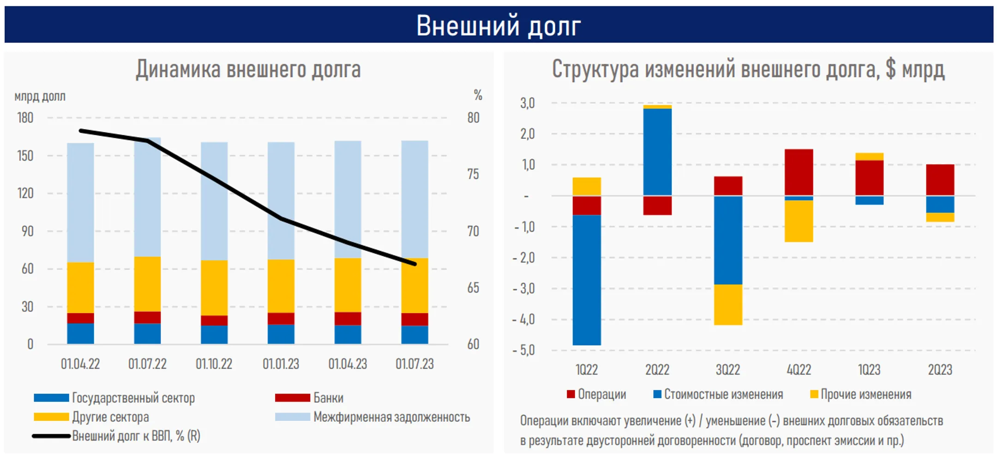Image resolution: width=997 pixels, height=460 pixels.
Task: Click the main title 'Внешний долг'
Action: click(498, 25)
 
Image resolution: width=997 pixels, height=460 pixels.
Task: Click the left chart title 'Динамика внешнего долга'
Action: click(248, 69)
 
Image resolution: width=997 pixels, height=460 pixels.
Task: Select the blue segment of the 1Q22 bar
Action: click(587, 280)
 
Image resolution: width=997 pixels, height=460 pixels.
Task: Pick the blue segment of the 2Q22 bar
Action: click(657, 152)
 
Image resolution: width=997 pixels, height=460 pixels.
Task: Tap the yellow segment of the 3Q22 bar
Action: click(728, 305)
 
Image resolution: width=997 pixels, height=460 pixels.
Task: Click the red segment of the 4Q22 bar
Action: click(799, 172)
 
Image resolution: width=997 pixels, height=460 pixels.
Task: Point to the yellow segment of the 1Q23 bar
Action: click(869, 156)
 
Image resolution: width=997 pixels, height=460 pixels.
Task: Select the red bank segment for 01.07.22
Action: click(147, 317)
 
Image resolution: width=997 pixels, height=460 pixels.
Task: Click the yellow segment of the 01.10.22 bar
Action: click(214, 288)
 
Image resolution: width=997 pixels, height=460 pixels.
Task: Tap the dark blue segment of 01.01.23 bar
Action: click(281, 334)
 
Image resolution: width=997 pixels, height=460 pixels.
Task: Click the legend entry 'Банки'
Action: click(309, 398)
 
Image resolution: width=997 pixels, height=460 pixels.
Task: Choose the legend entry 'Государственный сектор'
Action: click(114, 398)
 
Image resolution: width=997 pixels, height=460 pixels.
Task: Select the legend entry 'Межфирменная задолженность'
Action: click(372, 417)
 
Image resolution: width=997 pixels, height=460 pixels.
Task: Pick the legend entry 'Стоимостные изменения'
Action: click(718, 394)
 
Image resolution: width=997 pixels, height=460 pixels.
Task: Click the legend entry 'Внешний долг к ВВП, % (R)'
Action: click(116, 436)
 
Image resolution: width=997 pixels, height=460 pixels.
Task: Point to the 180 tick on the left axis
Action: click(25, 118)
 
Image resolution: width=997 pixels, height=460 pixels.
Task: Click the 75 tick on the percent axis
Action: click(473, 174)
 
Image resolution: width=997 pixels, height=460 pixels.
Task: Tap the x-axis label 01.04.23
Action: click(348, 364)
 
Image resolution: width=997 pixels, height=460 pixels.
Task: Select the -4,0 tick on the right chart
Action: click(523, 319)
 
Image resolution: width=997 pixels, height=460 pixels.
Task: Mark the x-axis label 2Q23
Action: click(940, 370)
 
